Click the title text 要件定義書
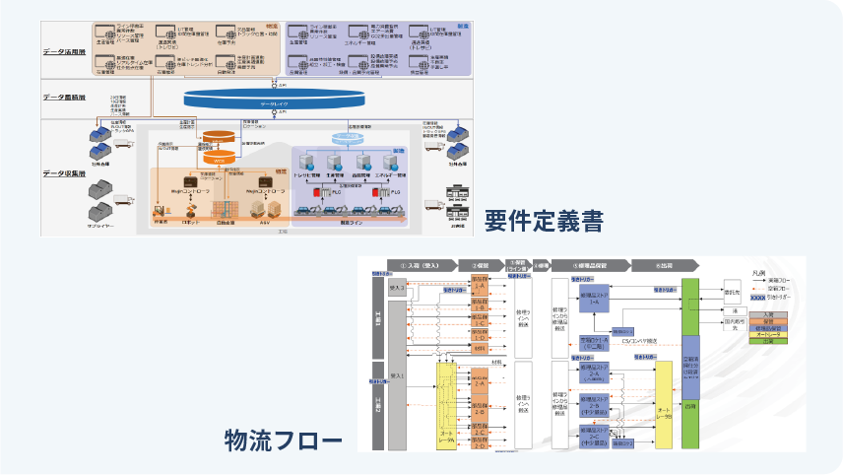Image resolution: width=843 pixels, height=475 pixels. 544,220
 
